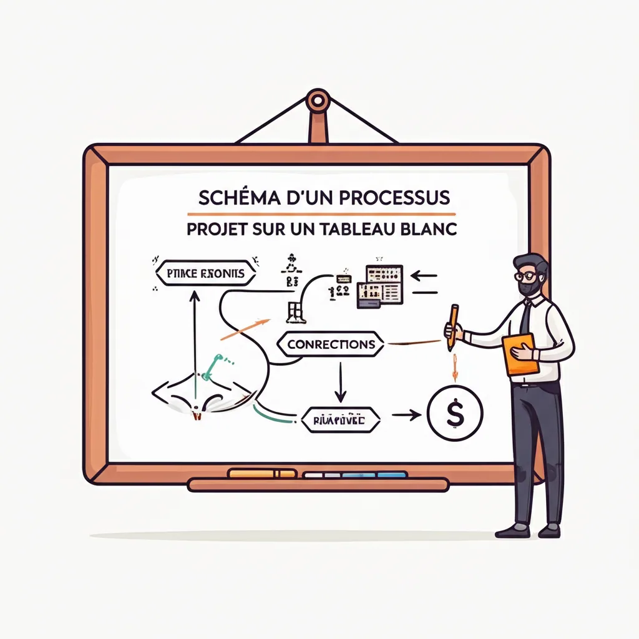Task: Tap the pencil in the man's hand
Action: [x=452, y=326]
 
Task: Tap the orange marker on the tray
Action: [x=263, y=474]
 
